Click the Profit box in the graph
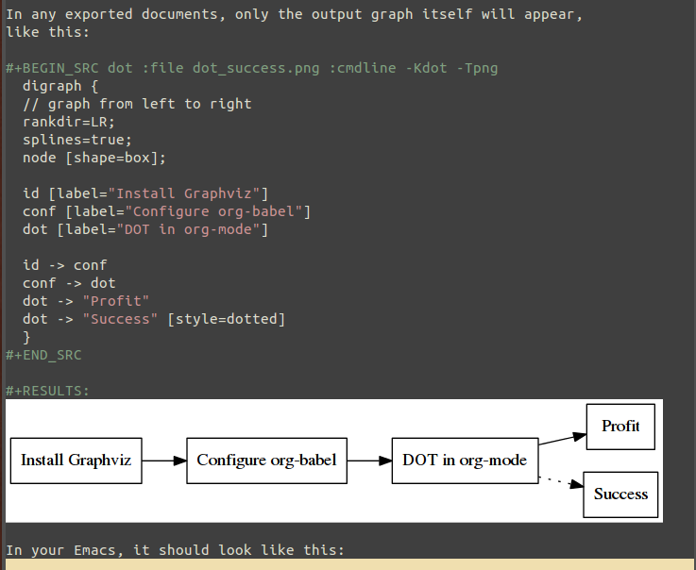pos(620,427)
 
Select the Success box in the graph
pos(620,495)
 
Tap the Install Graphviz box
pos(76,461)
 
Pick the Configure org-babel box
pos(266,461)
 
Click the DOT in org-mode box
pos(465,461)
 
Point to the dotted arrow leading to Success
pos(561,482)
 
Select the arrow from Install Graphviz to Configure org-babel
pos(164,461)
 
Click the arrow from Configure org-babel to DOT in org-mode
pos(369,461)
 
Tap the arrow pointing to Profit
pos(563,438)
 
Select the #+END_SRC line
pos(43,356)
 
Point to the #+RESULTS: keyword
pos(47,391)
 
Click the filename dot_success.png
pos(256,68)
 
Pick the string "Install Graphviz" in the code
pos(188,193)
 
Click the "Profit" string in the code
pos(116,301)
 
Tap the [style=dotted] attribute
pos(226,319)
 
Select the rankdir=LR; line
pos(69,122)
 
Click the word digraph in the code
pos(52,86)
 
